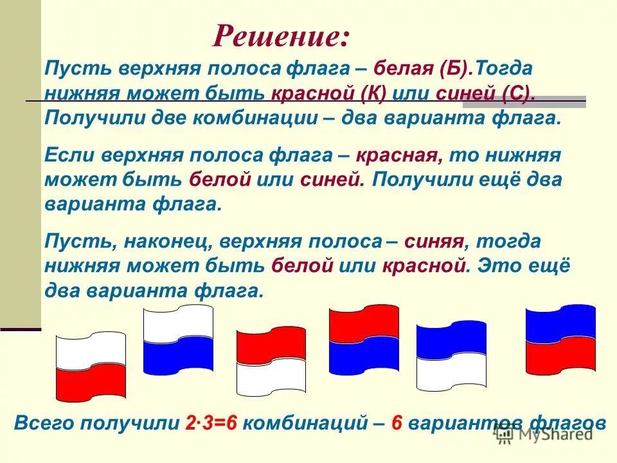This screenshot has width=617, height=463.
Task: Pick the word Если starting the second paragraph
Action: [x=67, y=156]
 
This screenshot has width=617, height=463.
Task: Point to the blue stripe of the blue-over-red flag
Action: [x=560, y=323]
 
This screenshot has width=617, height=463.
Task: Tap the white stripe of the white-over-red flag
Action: [x=90, y=351]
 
